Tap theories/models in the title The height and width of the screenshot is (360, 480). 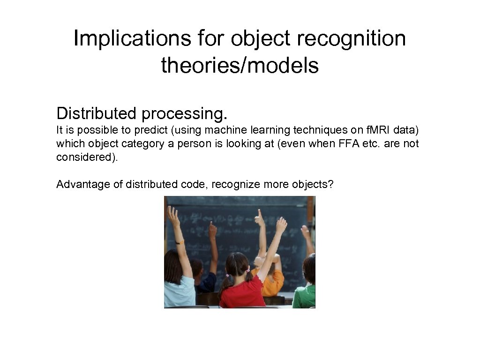tap(240, 66)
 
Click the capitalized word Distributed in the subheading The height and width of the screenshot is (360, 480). tap(97, 113)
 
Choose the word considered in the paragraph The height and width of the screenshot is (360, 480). tap(86, 157)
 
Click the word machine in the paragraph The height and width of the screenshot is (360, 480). tap(228, 130)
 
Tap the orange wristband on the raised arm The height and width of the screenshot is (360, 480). tap(179, 242)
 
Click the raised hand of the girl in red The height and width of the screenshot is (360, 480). tap(281, 225)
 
